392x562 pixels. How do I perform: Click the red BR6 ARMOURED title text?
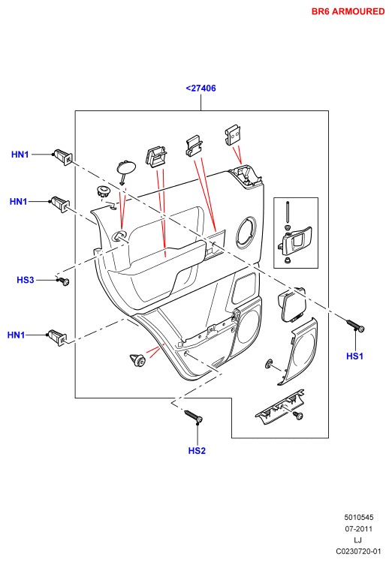coord(348,11)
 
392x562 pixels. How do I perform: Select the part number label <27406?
coord(201,89)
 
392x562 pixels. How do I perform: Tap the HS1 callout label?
coord(354,356)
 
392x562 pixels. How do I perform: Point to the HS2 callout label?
coord(197,450)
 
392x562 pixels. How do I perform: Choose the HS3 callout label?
coord(26,280)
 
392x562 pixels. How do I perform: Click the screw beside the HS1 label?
coord(355,326)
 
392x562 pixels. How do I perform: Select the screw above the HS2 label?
coord(194,416)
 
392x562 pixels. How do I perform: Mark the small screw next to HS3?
coord(64,281)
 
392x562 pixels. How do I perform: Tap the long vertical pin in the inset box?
coord(288,212)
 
